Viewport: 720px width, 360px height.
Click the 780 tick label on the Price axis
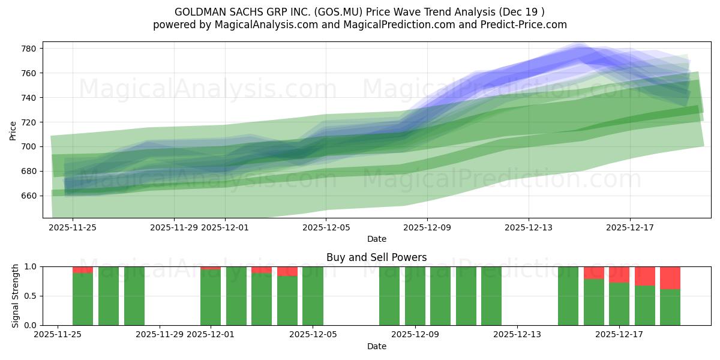(x=30, y=49)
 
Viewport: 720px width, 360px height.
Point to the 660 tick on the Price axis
(x=30, y=196)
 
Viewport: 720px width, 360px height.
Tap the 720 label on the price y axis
(x=30, y=122)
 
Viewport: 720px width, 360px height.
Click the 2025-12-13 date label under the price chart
(x=528, y=227)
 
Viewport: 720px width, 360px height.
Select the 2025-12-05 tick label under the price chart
(x=326, y=227)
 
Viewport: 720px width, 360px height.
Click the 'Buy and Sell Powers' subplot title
(x=376, y=257)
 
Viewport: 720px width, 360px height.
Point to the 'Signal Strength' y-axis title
(x=16, y=296)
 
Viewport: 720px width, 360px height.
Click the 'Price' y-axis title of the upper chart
(x=13, y=130)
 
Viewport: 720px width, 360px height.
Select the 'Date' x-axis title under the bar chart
(x=376, y=346)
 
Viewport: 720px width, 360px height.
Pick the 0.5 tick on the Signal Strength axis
(x=30, y=296)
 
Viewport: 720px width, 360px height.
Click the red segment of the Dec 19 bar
(x=670, y=278)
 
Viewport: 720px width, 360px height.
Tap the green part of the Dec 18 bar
(x=645, y=305)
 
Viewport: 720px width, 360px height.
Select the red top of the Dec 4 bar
(x=287, y=271)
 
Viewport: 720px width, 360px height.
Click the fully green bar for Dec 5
(x=313, y=296)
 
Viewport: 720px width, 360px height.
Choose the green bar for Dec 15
(x=568, y=296)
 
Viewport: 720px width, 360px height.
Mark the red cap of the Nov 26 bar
(x=83, y=269)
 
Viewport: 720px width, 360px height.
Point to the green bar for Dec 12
(x=491, y=296)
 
